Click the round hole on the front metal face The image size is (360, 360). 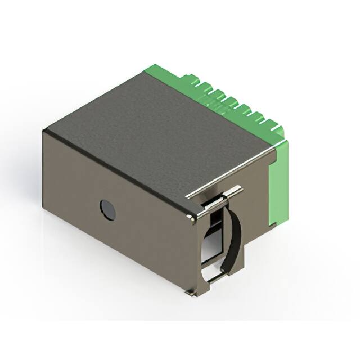tap(107, 210)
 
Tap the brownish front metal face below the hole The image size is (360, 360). tap(112, 247)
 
